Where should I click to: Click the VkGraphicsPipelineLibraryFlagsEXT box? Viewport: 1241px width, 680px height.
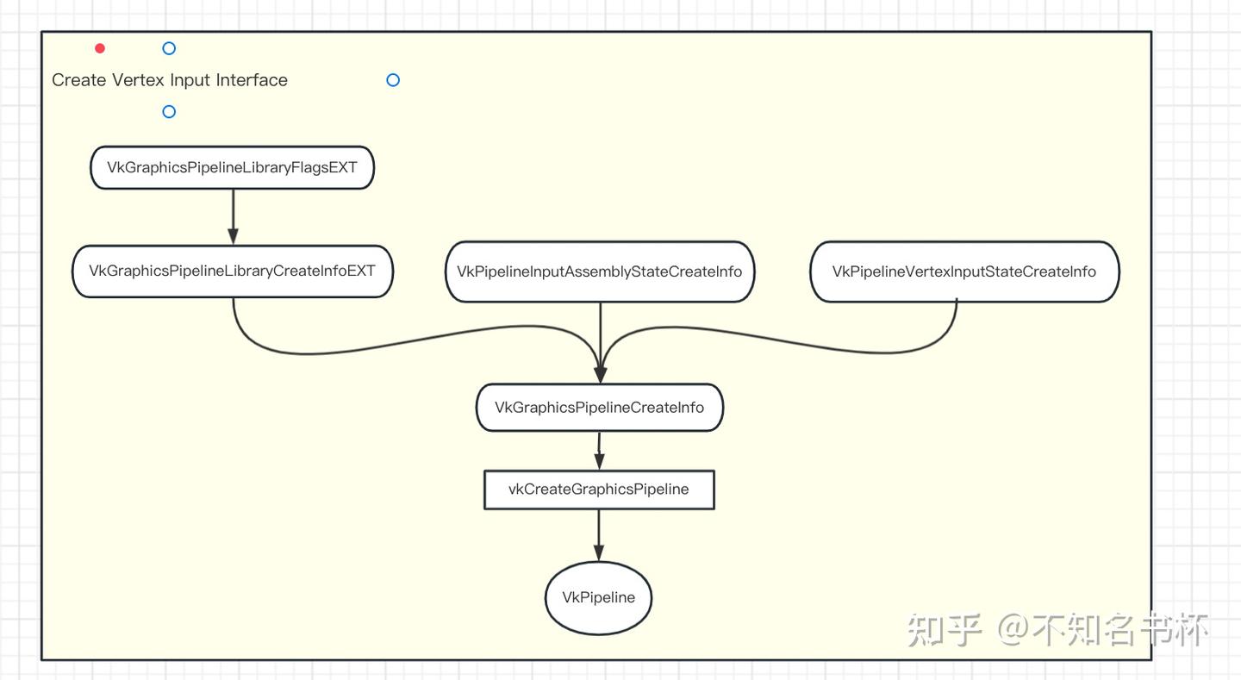coord(232,167)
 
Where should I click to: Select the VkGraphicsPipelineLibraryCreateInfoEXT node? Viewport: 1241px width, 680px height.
coord(233,271)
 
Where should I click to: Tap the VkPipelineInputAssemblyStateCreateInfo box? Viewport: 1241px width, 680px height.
coord(600,271)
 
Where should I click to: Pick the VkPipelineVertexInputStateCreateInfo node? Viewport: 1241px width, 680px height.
coord(964,271)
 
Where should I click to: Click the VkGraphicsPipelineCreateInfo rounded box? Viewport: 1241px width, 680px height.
coord(600,408)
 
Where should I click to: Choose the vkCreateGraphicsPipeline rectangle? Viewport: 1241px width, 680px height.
coord(599,490)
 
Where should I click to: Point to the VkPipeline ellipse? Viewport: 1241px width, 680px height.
coord(599,597)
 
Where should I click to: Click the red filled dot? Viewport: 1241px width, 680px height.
coord(100,48)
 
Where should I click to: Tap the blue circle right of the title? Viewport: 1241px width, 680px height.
coord(393,80)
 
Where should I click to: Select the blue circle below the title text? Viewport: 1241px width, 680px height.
coord(169,111)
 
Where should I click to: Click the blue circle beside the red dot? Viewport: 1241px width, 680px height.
coord(169,48)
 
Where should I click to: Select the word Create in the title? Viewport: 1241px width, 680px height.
coord(79,80)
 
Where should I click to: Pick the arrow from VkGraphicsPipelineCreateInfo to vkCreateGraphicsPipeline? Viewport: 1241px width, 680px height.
coord(599,450)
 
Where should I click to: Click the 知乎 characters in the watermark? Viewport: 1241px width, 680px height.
coord(945,630)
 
